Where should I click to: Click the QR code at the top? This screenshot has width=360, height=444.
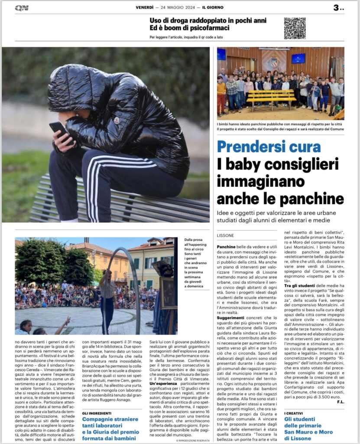tap(295, 28)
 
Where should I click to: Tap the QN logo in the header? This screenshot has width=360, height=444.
tap(22, 7)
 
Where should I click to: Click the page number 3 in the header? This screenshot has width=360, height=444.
tap(337, 7)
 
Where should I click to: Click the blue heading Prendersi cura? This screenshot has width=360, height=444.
tap(269, 146)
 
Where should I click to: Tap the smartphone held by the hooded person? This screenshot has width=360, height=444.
tap(60, 130)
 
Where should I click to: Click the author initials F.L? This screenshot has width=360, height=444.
tap(340, 402)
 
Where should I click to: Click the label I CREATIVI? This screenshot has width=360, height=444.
tap(295, 413)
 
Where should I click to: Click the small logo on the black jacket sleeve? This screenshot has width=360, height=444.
tap(116, 120)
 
